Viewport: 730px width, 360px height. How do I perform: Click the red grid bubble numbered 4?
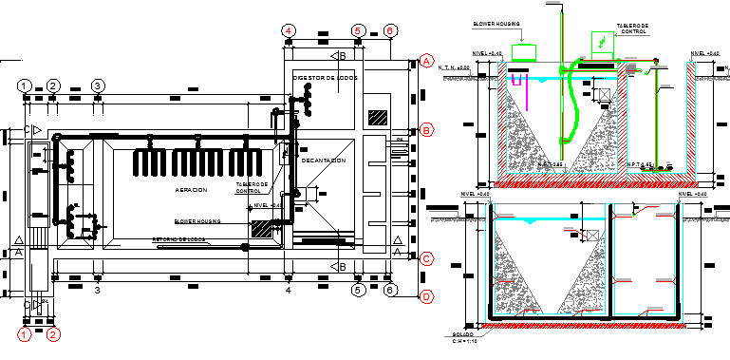pos(288,30)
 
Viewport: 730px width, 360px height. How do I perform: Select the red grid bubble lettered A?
pos(427,62)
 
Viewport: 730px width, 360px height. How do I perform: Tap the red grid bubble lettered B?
pos(427,130)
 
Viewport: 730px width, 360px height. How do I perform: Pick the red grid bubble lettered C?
pos(427,257)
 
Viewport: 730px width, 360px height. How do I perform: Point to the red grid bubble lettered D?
pos(427,297)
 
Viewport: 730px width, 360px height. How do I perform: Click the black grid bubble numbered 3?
pos(98,85)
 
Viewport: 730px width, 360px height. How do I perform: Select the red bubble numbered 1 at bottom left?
pos(25,333)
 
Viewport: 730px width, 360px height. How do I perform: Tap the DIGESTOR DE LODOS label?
pos(325,78)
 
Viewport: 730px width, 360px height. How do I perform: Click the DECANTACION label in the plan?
pos(323,161)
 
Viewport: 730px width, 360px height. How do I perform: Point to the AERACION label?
pos(190,190)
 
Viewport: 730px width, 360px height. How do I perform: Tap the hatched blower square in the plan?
pos(259,229)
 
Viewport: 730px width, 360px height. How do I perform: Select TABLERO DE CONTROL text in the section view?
pos(632,28)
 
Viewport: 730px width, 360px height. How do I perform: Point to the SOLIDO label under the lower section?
pos(462,335)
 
